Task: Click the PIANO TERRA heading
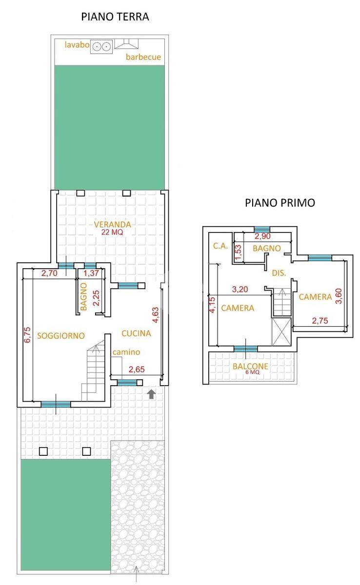[x=115, y=17]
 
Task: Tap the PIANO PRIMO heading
[x=280, y=203]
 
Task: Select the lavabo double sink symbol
[x=101, y=47]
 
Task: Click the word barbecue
[x=143, y=57]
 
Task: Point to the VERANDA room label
[x=113, y=224]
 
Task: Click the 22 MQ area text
[x=112, y=232]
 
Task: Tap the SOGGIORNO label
[x=61, y=335]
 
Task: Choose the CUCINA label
[x=136, y=333]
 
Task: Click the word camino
[x=126, y=352]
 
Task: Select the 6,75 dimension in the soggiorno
[x=27, y=334]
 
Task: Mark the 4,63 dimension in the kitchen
[x=155, y=315]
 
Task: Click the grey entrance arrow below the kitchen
[x=152, y=394]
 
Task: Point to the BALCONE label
[x=250, y=367]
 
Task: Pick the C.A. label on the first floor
[x=220, y=246]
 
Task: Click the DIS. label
[x=279, y=273]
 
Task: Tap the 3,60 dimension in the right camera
[x=339, y=296]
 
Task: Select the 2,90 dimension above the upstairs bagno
[x=262, y=236]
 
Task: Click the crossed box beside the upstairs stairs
[x=281, y=331]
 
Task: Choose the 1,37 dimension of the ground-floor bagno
[x=91, y=273]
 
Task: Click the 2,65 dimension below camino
[x=137, y=370]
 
